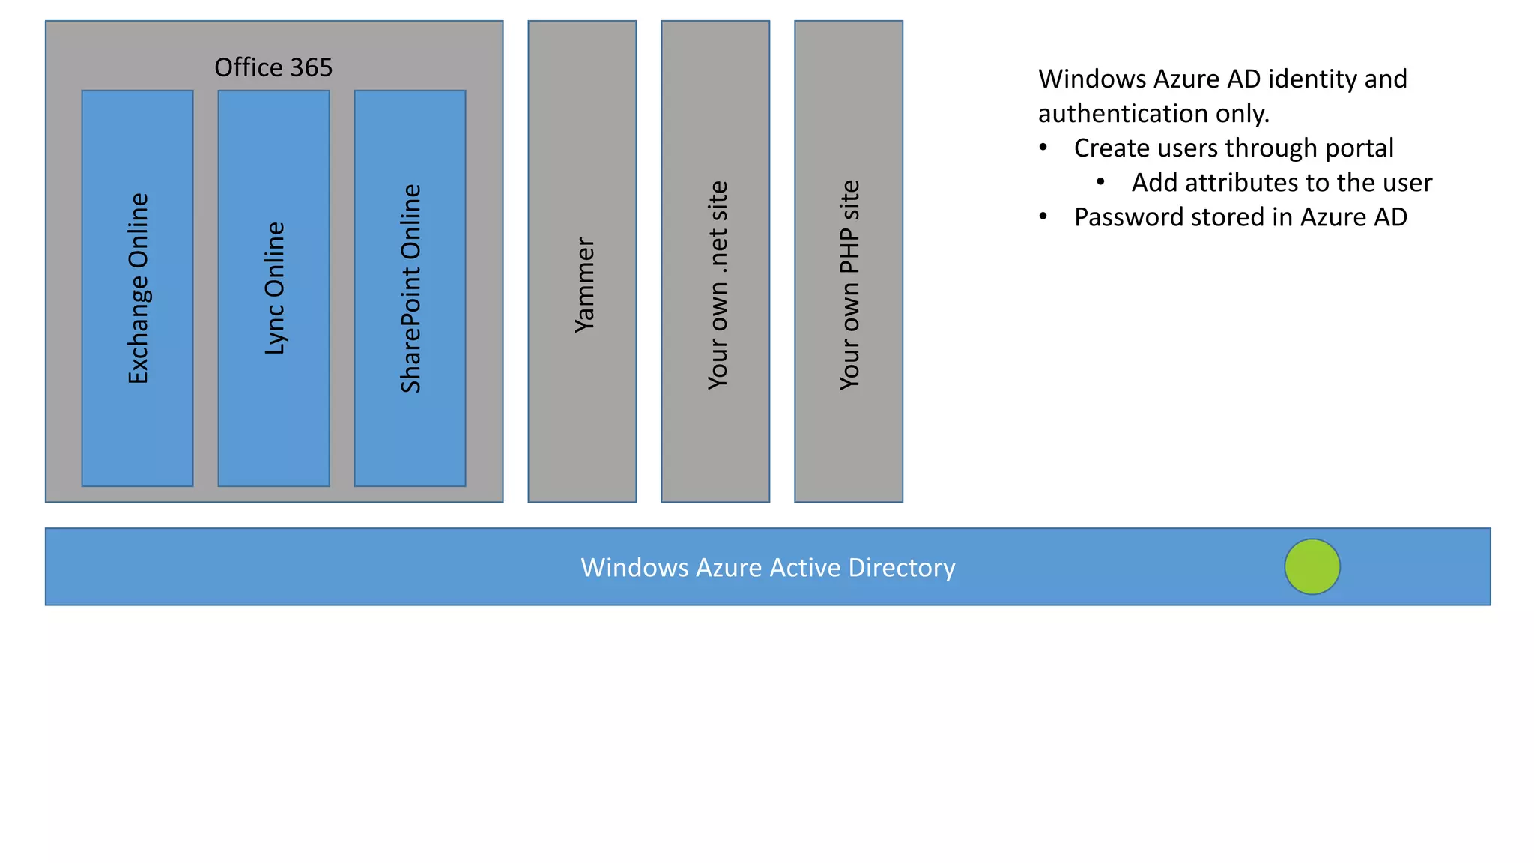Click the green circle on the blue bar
[x=1312, y=566]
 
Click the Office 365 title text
[x=273, y=68]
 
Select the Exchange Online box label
[x=139, y=288]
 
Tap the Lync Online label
[x=275, y=288]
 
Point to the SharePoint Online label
[x=411, y=288]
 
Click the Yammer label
[x=584, y=285]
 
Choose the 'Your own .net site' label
[x=718, y=285]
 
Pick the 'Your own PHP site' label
[x=850, y=285]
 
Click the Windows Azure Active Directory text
[x=768, y=568]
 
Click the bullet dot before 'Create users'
[x=1043, y=148]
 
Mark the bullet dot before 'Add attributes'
[x=1100, y=182]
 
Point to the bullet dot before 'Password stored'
[x=1043, y=216]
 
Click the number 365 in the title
[x=311, y=68]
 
